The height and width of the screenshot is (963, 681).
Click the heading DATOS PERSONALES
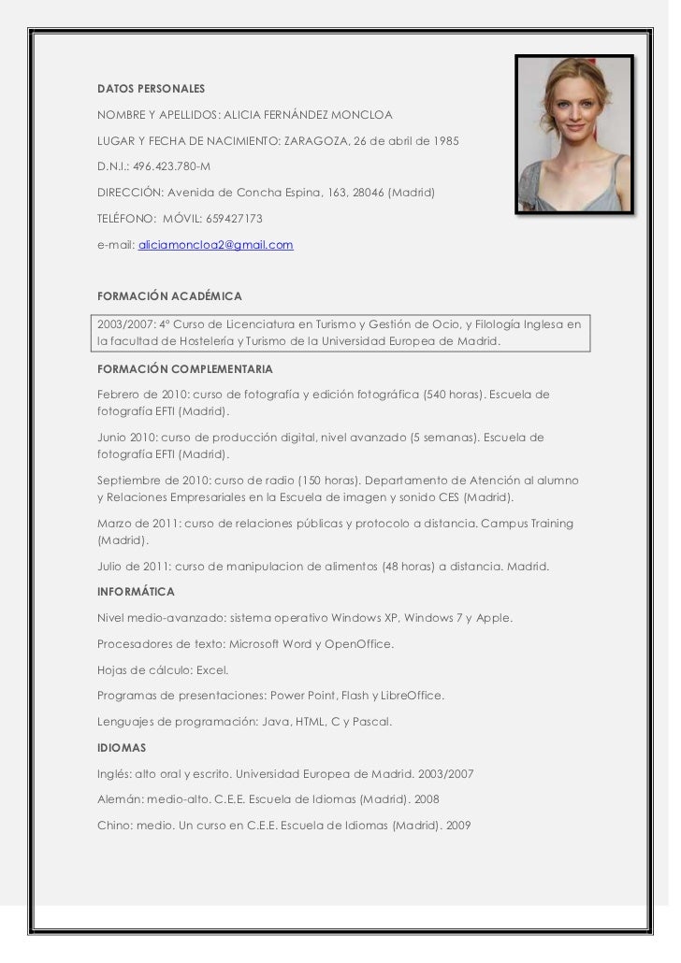click(x=151, y=89)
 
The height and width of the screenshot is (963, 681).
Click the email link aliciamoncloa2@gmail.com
click(x=216, y=245)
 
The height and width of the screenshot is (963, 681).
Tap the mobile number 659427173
click(x=234, y=219)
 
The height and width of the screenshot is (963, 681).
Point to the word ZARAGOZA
click(x=315, y=140)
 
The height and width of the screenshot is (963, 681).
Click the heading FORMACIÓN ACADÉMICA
click(x=169, y=296)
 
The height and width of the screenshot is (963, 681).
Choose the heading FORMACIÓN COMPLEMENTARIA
click(x=184, y=368)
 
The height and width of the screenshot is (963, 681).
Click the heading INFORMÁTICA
click(x=136, y=592)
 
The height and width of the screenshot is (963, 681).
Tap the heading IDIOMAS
click(x=122, y=749)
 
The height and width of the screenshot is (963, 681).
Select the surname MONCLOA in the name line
click(x=361, y=115)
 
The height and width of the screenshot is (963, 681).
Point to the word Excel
click(x=212, y=670)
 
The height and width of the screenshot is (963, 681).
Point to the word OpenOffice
click(x=359, y=644)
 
